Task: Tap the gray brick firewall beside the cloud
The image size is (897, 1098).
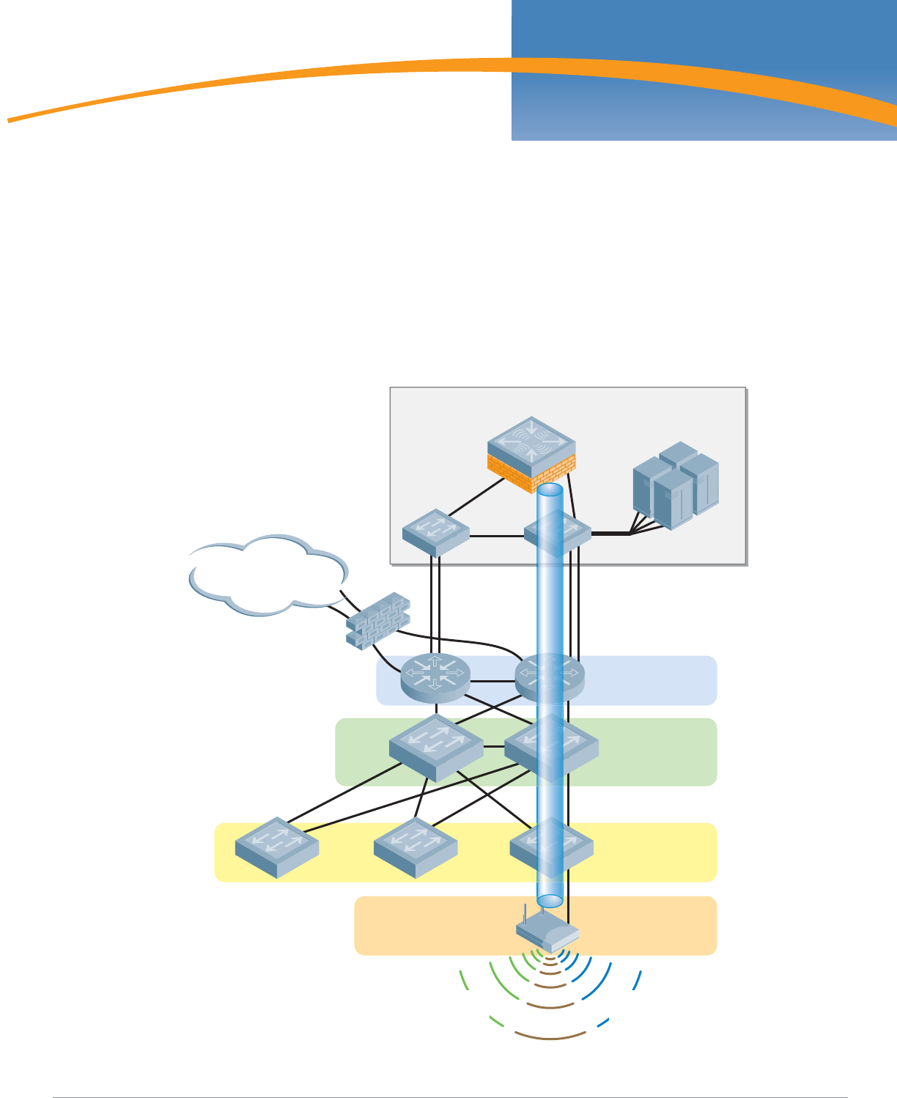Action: pos(377,620)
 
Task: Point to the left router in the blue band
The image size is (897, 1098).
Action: pos(435,677)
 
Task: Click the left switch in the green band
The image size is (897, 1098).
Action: pos(435,747)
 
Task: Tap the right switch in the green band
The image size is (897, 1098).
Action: pos(551,747)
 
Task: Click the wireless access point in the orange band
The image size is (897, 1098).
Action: pos(547,935)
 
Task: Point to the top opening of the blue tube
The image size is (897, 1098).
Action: pos(550,489)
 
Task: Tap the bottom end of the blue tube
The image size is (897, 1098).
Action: pos(550,900)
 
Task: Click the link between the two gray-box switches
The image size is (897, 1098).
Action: pos(497,536)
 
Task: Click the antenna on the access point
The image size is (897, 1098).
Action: pos(526,917)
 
